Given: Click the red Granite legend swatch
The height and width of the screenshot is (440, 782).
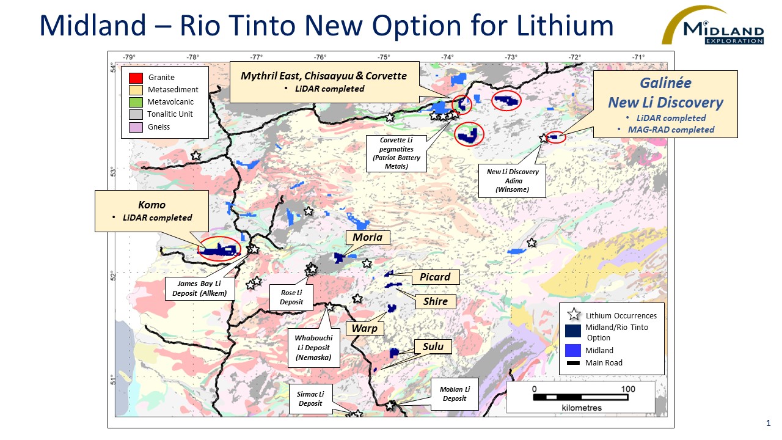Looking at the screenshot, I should [x=136, y=78].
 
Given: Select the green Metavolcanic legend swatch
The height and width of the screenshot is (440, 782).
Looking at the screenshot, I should [x=136, y=102].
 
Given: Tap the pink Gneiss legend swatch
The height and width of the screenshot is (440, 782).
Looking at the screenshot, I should [x=136, y=127].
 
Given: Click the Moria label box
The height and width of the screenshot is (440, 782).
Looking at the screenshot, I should [x=368, y=237].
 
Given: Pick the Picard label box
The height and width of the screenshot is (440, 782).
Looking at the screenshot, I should [x=434, y=277].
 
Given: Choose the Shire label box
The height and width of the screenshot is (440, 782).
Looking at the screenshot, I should [x=436, y=301].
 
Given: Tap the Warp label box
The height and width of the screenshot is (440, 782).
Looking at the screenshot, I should [x=365, y=328].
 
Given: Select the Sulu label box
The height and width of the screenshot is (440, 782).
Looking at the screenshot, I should [x=433, y=346].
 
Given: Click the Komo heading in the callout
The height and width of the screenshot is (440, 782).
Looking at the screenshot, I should [x=152, y=205].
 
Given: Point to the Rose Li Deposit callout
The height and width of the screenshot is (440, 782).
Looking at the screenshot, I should [x=291, y=297].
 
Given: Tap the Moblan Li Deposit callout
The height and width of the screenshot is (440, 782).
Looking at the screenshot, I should [x=455, y=394].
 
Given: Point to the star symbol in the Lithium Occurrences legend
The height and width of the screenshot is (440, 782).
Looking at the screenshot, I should [x=574, y=315].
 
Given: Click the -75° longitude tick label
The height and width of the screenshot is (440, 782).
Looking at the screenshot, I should [x=384, y=57].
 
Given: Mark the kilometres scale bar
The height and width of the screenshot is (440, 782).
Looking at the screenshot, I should [x=581, y=397].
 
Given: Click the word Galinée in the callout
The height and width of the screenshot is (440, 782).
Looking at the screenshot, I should [x=665, y=84].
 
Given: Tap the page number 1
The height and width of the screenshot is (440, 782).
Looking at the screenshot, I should [x=768, y=423].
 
